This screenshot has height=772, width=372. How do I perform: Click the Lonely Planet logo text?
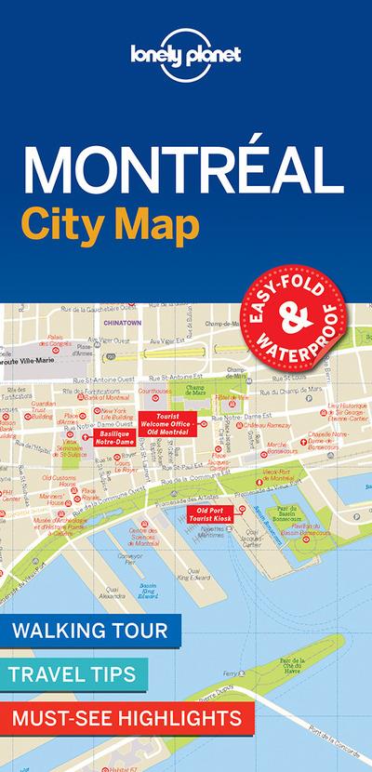click(185, 55)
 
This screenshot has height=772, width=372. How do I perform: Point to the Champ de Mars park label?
click(226, 388)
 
